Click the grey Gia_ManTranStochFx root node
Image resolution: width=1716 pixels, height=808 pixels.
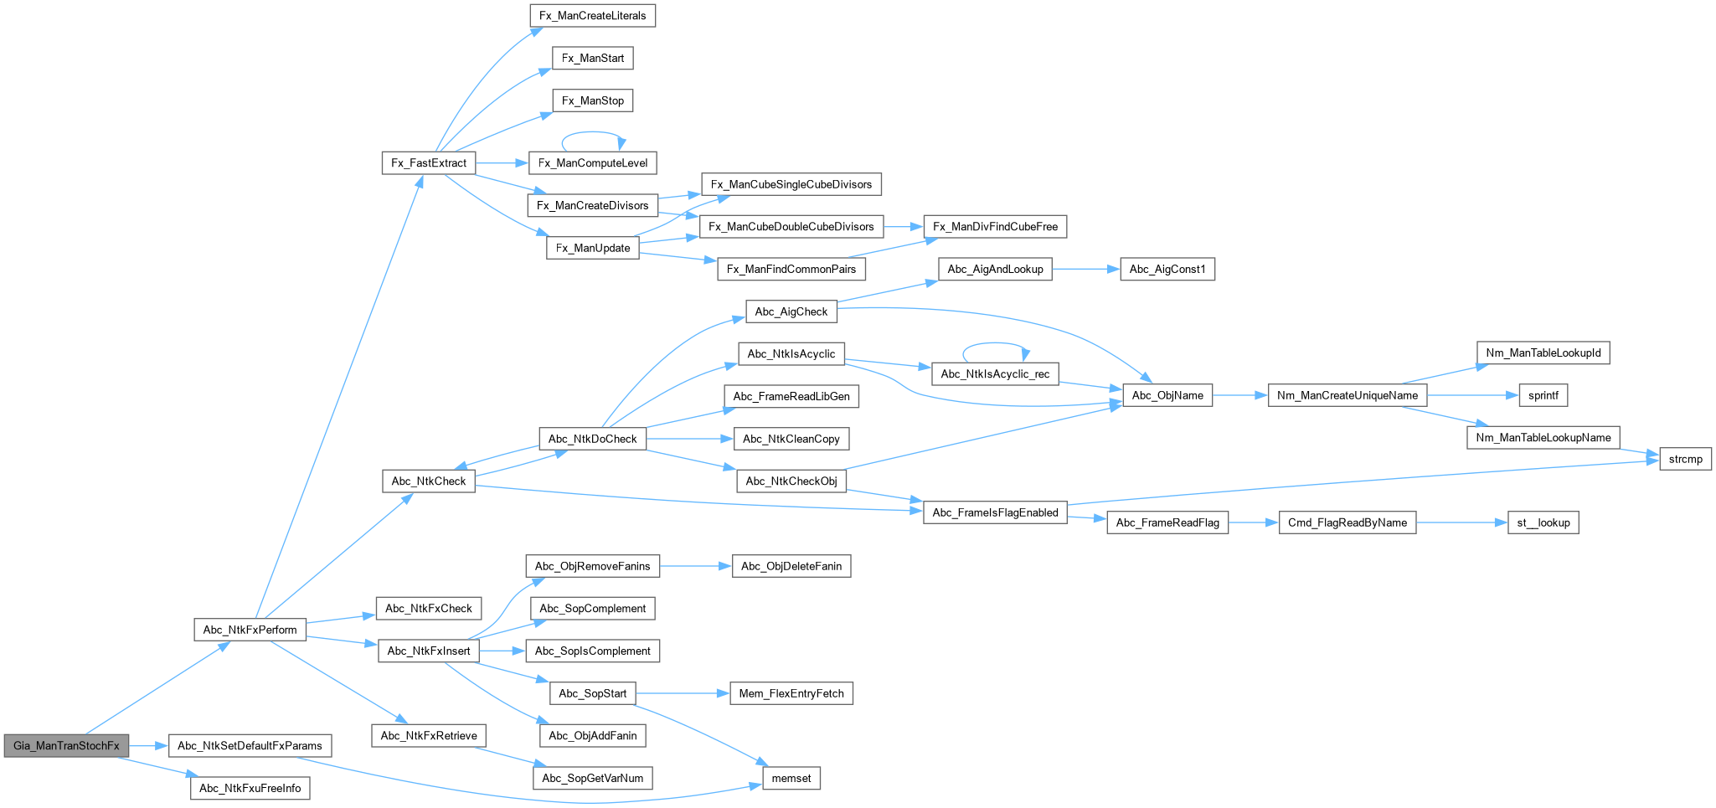(x=66, y=745)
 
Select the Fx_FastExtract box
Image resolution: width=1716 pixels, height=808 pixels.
(x=429, y=162)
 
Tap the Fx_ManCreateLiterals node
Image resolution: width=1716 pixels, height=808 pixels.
(x=593, y=16)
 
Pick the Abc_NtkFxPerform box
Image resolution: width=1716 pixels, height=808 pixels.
(x=250, y=630)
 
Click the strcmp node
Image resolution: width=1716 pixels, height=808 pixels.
(x=1685, y=459)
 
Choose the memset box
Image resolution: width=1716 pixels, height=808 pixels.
(x=791, y=778)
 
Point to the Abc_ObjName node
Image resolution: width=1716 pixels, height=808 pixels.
(x=1167, y=395)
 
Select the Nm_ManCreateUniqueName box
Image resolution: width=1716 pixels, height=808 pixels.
(x=1347, y=395)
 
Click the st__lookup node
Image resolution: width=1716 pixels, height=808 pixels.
(x=1543, y=522)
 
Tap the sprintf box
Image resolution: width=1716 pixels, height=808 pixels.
(x=1543, y=395)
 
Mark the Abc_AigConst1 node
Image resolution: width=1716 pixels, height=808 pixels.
(x=1167, y=269)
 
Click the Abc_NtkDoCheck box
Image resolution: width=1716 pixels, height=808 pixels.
(x=592, y=439)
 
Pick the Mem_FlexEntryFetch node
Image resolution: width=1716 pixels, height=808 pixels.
(x=791, y=693)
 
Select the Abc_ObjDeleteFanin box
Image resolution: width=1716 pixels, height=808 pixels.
(x=791, y=566)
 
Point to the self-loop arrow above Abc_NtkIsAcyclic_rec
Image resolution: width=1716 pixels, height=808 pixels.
(x=995, y=343)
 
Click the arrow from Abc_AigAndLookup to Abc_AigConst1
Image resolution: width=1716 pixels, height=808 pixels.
(x=1085, y=269)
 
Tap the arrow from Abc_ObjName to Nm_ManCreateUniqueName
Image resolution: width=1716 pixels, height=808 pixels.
(x=1240, y=395)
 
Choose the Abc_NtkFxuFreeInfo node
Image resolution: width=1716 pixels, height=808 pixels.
(x=250, y=788)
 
